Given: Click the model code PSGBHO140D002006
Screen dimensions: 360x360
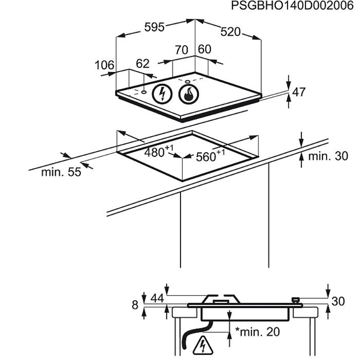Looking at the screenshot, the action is (x=292, y=6).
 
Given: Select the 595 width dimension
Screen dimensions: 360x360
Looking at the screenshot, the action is (x=154, y=27).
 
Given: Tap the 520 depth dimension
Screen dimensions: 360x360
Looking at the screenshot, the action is (x=230, y=32).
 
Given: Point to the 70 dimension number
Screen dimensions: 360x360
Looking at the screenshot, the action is (x=182, y=50).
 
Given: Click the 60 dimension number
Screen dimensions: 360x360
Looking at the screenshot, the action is (x=204, y=49).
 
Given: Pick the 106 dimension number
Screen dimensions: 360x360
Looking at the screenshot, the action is (x=104, y=65).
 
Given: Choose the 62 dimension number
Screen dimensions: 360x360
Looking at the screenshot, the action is (x=142, y=64).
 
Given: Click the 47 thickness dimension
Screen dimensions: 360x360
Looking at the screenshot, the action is (x=299, y=92).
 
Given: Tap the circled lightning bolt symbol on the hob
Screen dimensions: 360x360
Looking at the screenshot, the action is (x=163, y=94).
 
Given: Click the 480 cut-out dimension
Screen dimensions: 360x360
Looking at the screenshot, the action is (x=158, y=151).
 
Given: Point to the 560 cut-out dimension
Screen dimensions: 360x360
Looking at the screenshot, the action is (x=210, y=156).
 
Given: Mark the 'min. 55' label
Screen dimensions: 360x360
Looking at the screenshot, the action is (x=61, y=172).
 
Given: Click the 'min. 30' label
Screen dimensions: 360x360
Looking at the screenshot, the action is (x=328, y=156).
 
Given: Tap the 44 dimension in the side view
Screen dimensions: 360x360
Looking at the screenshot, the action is (x=157, y=298).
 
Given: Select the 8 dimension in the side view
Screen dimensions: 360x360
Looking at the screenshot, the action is (x=135, y=305).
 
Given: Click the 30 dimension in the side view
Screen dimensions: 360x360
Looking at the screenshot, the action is (x=338, y=301).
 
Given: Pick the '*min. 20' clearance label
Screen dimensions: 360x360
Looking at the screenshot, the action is (x=258, y=332).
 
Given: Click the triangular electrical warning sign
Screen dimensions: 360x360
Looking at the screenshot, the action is (x=203, y=346).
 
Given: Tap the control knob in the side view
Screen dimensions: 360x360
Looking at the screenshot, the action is (x=295, y=300).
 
